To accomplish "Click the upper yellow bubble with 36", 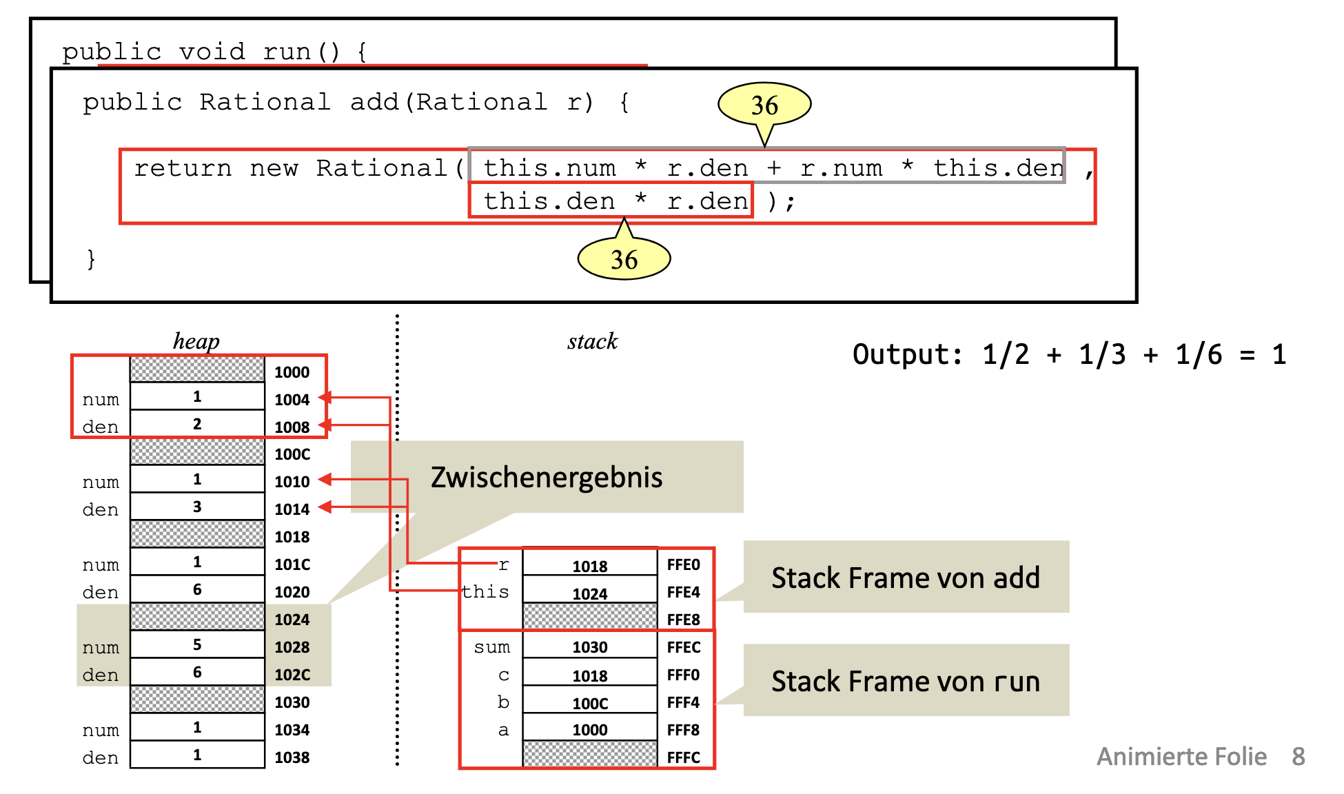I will point(764,105).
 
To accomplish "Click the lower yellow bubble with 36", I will point(624,259).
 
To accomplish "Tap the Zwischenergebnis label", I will point(547,477).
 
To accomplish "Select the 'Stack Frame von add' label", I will point(906,578).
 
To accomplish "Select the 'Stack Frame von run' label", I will point(906,681).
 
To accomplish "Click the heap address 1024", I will point(292,620).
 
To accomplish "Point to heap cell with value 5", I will point(197,644).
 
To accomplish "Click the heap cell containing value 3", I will point(197,507).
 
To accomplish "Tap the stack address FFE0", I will point(683,564).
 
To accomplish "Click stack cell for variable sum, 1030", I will point(590,647).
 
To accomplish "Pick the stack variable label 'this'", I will point(486,592).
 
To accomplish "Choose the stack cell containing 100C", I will point(590,703).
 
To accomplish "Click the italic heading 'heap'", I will point(196,341).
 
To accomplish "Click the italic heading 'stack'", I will point(593,341).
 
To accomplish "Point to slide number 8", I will point(1299,757).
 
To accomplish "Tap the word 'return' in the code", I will point(183,168).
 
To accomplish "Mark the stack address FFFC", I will point(683,757).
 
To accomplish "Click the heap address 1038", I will point(292,757).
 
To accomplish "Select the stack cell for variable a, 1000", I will point(590,730).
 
